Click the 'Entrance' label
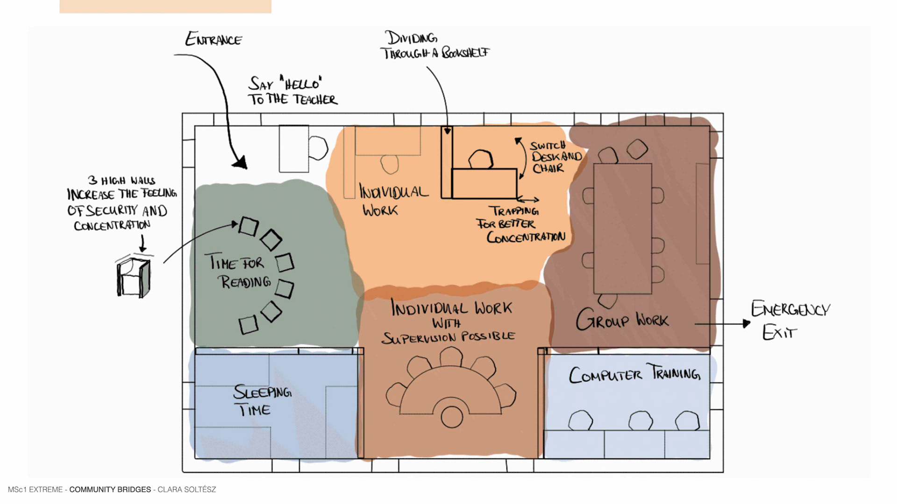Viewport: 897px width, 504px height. (214, 39)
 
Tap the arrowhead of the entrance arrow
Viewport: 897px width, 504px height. (241, 163)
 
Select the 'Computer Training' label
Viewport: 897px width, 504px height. (634, 374)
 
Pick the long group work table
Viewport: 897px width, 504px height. (622, 229)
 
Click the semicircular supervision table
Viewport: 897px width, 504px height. (451, 392)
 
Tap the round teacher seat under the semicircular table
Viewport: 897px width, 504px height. (451, 417)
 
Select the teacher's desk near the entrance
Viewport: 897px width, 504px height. (293, 148)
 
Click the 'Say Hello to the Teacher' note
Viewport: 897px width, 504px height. (292, 91)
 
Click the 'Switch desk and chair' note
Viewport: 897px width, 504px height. (555, 157)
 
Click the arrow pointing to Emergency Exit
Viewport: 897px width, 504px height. (722, 323)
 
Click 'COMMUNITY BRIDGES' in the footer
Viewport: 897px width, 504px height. (110, 490)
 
